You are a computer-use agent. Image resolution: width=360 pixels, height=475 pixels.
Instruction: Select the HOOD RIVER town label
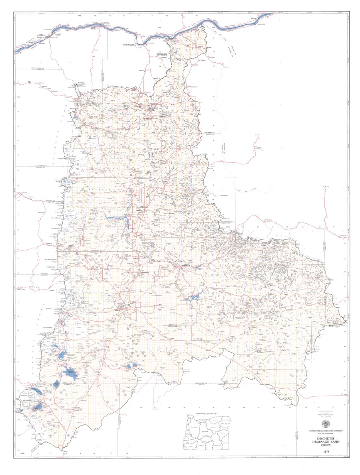click(x=94, y=28)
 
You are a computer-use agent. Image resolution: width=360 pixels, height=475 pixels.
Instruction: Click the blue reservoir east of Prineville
click(x=193, y=298)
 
